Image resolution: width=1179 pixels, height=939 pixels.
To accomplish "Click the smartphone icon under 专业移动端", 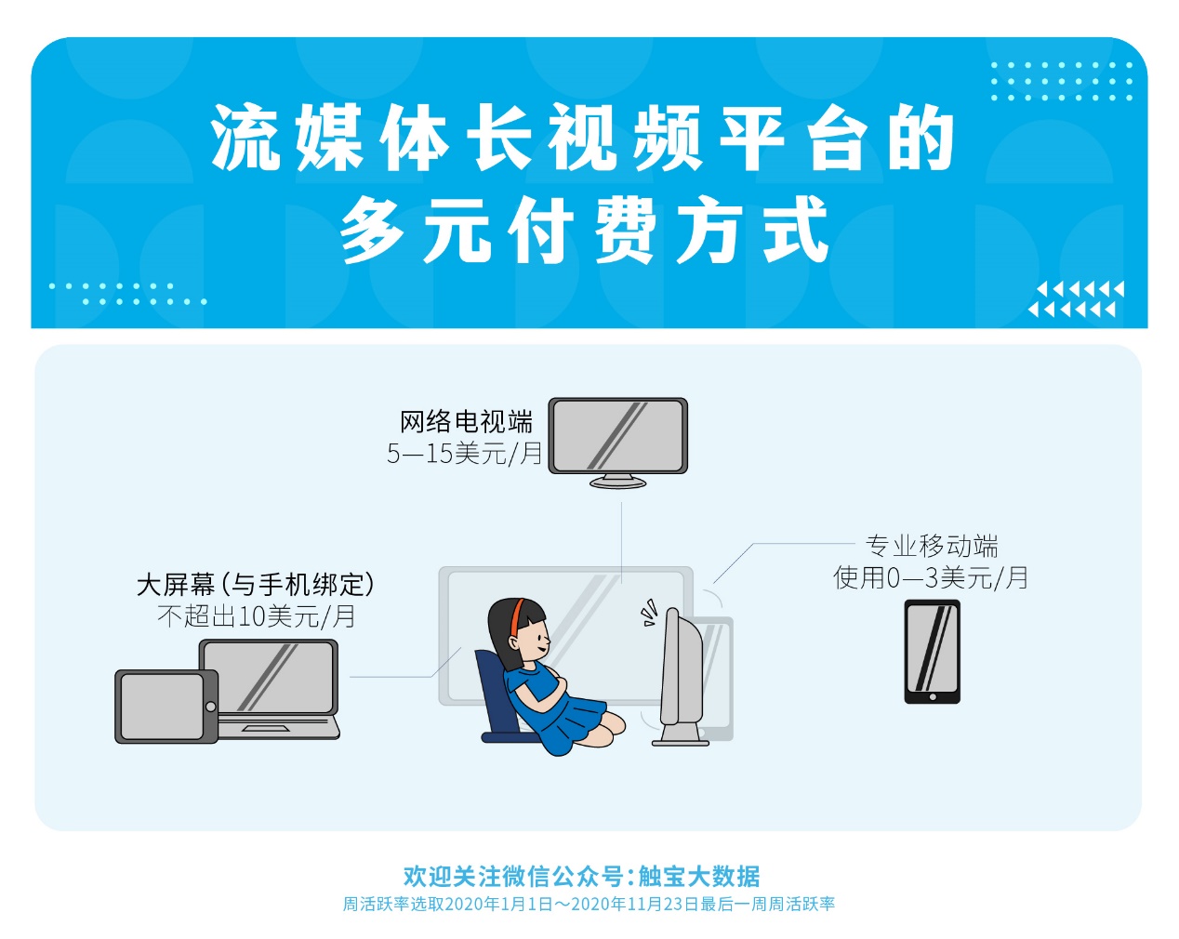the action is pyautogui.click(x=932, y=652).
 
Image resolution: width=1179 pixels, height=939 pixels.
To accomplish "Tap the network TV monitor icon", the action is pyautogui.click(x=618, y=443).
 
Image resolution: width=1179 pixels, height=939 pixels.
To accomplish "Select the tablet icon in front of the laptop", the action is pyautogui.click(x=166, y=707).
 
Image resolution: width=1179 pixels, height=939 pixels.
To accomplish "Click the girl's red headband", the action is pyautogui.click(x=516, y=617).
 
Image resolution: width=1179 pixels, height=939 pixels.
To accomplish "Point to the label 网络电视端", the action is pyautogui.click(x=466, y=422).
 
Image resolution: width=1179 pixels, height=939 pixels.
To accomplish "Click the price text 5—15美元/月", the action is pyautogui.click(x=465, y=454).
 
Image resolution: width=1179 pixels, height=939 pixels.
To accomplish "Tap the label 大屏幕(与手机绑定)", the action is pyautogui.click(x=256, y=585).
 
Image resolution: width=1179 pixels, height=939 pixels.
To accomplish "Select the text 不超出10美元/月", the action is pyautogui.click(x=257, y=616).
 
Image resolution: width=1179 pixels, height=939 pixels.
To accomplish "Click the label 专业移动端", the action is pyautogui.click(x=932, y=546).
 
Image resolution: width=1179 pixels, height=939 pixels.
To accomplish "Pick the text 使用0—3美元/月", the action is pyautogui.click(x=930, y=577).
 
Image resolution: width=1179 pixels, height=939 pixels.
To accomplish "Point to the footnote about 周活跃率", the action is pyautogui.click(x=589, y=904).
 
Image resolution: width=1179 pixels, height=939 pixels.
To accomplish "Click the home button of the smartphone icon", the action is pyautogui.click(x=933, y=697).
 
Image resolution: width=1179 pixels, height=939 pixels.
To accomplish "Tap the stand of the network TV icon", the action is pyautogui.click(x=618, y=481).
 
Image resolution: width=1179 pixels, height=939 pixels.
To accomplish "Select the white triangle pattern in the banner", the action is pyautogui.click(x=1077, y=299).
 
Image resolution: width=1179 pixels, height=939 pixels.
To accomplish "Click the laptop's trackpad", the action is pyautogui.click(x=266, y=729).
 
